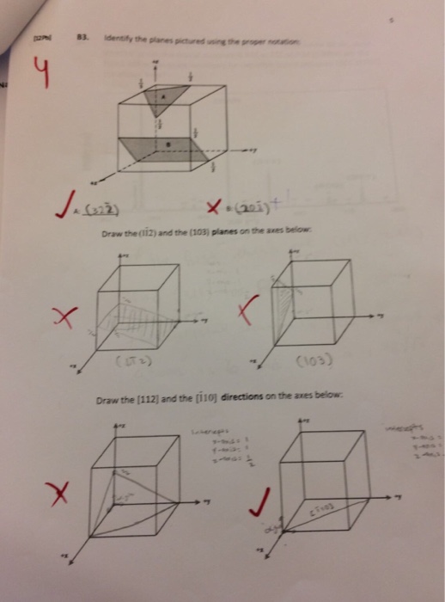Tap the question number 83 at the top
(83, 38)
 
